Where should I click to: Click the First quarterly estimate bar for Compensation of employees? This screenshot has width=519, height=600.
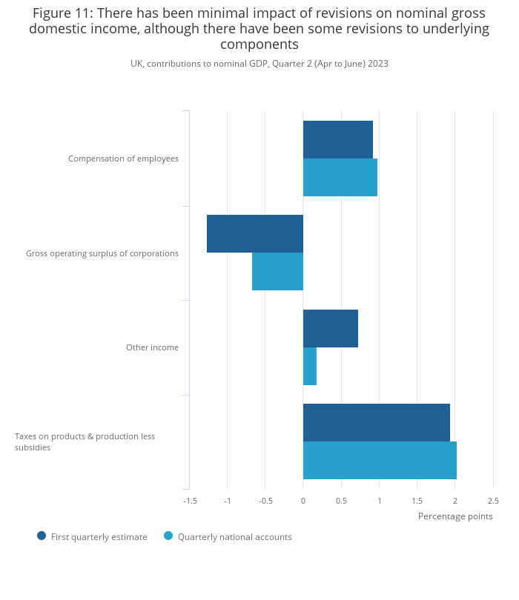[337, 139]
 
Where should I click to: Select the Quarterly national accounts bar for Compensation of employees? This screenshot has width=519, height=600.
[340, 177]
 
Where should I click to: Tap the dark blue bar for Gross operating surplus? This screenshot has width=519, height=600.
[254, 233]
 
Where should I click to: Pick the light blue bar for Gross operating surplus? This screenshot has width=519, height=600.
[277, 271]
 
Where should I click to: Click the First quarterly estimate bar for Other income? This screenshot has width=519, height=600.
[330, 328]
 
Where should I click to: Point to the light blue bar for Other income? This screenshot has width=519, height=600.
[310, 366]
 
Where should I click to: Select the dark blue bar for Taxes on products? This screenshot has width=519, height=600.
[376, 422]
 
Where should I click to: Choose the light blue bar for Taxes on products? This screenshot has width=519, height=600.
[380, 460]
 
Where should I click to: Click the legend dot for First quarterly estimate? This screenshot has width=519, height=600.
[42, 536]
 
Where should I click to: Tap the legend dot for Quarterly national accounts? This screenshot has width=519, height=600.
[168, 536]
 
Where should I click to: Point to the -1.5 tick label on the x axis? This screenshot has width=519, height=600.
[190, 501]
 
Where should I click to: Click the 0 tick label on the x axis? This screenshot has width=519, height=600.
[303, 501]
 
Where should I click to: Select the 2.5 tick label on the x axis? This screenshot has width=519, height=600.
[493, 501]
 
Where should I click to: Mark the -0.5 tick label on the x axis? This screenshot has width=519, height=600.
[265, 501]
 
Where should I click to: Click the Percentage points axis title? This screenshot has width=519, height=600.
[455, 516]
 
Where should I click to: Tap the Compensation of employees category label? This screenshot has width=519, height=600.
[123, 159]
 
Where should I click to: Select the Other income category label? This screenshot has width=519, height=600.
[152, 347]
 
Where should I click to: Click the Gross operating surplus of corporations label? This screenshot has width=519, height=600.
[102, 253]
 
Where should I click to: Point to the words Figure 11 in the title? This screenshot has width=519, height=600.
[62, 13]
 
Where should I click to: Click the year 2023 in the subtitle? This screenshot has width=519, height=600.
[377, 64]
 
